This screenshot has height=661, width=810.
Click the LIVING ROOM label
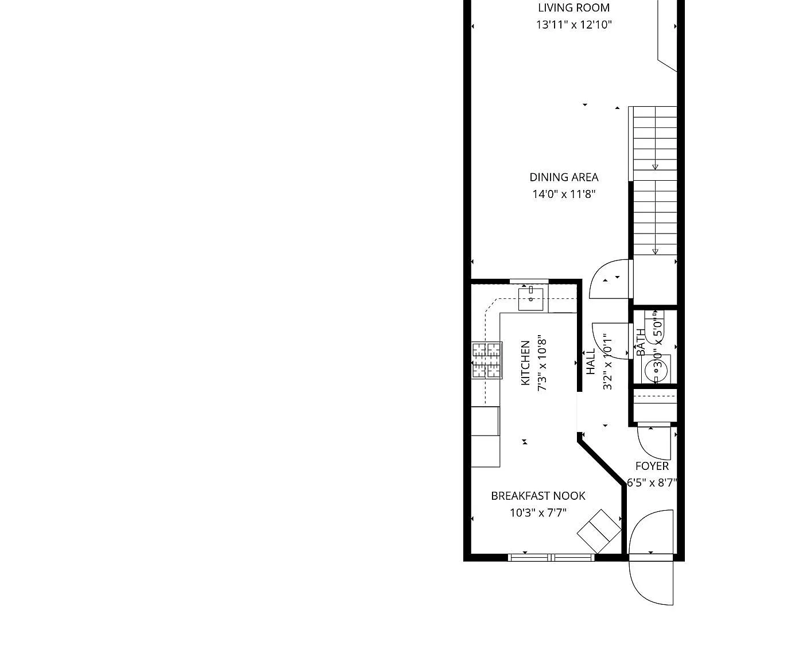(x=573, y=7)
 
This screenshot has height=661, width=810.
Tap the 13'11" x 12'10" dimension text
(x=573, y=25)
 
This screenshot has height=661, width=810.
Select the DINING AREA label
(x=564, y=177)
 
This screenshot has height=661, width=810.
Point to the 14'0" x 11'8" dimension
(x=564, y=195)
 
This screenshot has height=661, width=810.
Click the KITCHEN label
(x=525, y=363)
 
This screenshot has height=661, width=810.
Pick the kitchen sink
(x=531, y=299)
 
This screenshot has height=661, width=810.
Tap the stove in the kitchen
(x=487, y=360)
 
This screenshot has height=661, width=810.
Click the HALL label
(x=591, y=361)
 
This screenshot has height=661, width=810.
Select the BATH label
(x=641, y=342)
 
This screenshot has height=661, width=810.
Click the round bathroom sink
(x=656, y=371)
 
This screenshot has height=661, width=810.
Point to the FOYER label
(x=652, y=466)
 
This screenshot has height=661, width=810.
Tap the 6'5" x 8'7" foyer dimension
(x=652, y=483)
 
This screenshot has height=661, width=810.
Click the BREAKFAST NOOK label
(x=538, y=496)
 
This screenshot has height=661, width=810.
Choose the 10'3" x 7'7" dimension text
(x=538, y=513)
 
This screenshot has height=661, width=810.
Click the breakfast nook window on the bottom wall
(x=551, y=557)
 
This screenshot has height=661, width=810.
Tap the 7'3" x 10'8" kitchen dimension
(x=542, y=365)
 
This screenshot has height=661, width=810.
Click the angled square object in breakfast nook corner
(x=599, y=531)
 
